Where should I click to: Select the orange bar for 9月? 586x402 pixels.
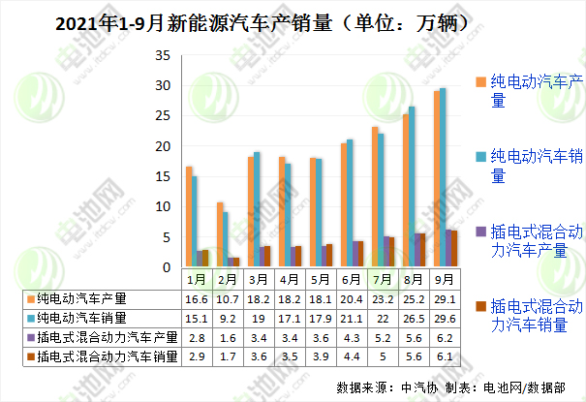437,179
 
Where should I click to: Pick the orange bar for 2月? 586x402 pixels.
220,235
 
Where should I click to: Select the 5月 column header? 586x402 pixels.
320,278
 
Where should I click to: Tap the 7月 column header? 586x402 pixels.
382,278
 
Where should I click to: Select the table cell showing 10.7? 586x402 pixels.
226,298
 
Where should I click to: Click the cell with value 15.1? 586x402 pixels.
195,318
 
